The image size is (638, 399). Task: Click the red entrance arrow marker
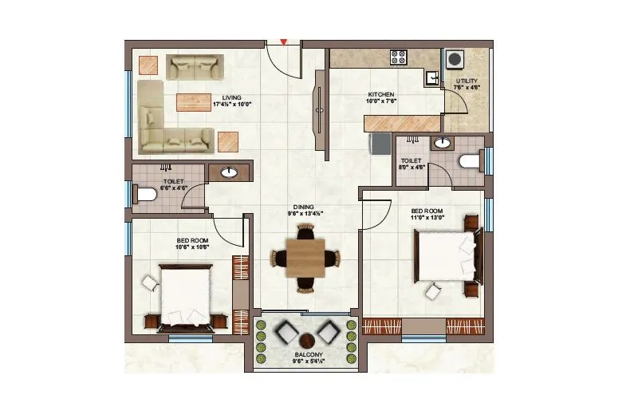(282, 41)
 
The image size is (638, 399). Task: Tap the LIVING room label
(232, 97)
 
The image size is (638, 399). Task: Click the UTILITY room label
(467, 81)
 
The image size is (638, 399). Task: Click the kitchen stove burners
(398, 57)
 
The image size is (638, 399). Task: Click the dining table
(305, 259)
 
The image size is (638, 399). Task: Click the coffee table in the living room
(194, 103)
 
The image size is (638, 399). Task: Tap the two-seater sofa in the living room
(191, 66)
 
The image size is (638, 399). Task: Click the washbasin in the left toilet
(230, 172)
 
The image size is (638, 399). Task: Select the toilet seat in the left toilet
(145, 194)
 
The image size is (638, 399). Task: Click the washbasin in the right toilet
(441, 144)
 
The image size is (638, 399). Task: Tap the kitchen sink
(431, 77)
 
